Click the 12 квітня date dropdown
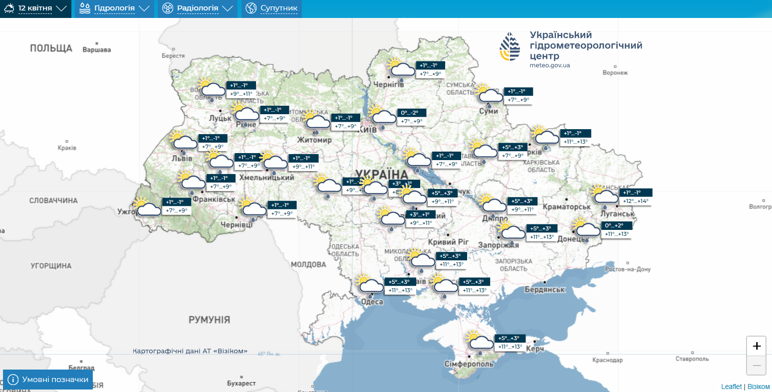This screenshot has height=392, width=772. coord(35,8)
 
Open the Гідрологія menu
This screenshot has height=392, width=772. coord(114,8)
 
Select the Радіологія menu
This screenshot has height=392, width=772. coord(198,8)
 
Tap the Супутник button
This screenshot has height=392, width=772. coord(272,8)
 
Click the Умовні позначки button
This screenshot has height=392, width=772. coord(48,380)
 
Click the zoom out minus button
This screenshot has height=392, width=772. coord(756,366)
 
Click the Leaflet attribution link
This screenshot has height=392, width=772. coord(731,387)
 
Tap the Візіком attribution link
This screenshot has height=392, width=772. coord(759,387)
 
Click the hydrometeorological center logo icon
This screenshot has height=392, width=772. coord(510,46)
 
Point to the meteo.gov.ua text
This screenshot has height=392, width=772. coord(549,65)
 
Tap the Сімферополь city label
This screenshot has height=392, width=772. coord(469,364)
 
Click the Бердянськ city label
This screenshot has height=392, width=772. coord(544,290)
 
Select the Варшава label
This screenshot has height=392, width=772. coord(97,50)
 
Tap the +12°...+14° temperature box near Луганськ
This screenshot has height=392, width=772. coord(635,201)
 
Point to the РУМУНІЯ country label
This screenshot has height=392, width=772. coord(209,320)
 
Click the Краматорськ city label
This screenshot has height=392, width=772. coord(566,206)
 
